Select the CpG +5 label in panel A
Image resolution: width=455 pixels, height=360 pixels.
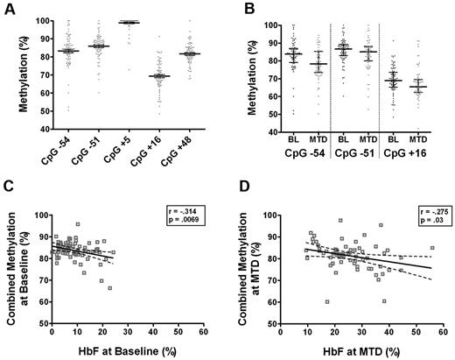129,150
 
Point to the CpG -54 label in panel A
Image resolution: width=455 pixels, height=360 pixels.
66,150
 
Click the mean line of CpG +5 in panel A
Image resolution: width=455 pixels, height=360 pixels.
129,22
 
